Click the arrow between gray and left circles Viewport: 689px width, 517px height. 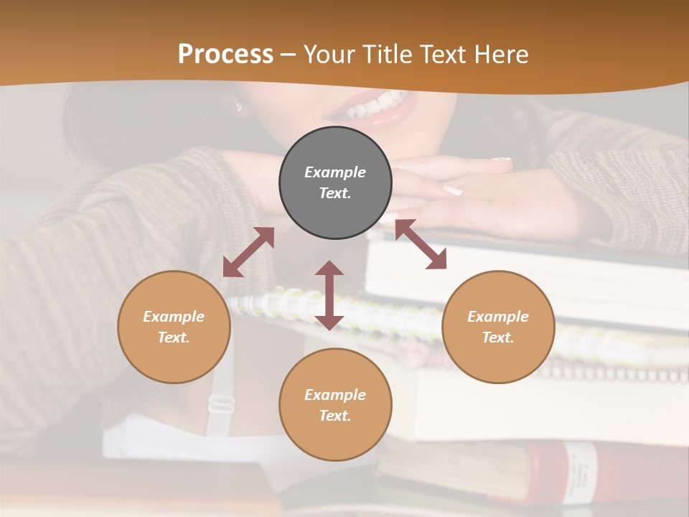[x=248, y=251]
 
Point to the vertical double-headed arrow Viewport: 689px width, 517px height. [x=329, y=295]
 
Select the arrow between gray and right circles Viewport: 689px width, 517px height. [x=421, y=244]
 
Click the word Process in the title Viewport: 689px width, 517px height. [x=225, y=54]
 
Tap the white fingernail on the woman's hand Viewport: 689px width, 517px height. [x=452, y=190]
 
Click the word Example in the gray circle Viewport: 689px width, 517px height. [x=335, y=172]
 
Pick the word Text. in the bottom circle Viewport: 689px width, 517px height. [x=335, y=416]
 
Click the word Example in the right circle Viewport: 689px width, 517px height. [x=498, y=317]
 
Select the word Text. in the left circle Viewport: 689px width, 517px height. [x=174, y=337]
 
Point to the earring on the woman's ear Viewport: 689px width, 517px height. [x=239, y=108]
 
